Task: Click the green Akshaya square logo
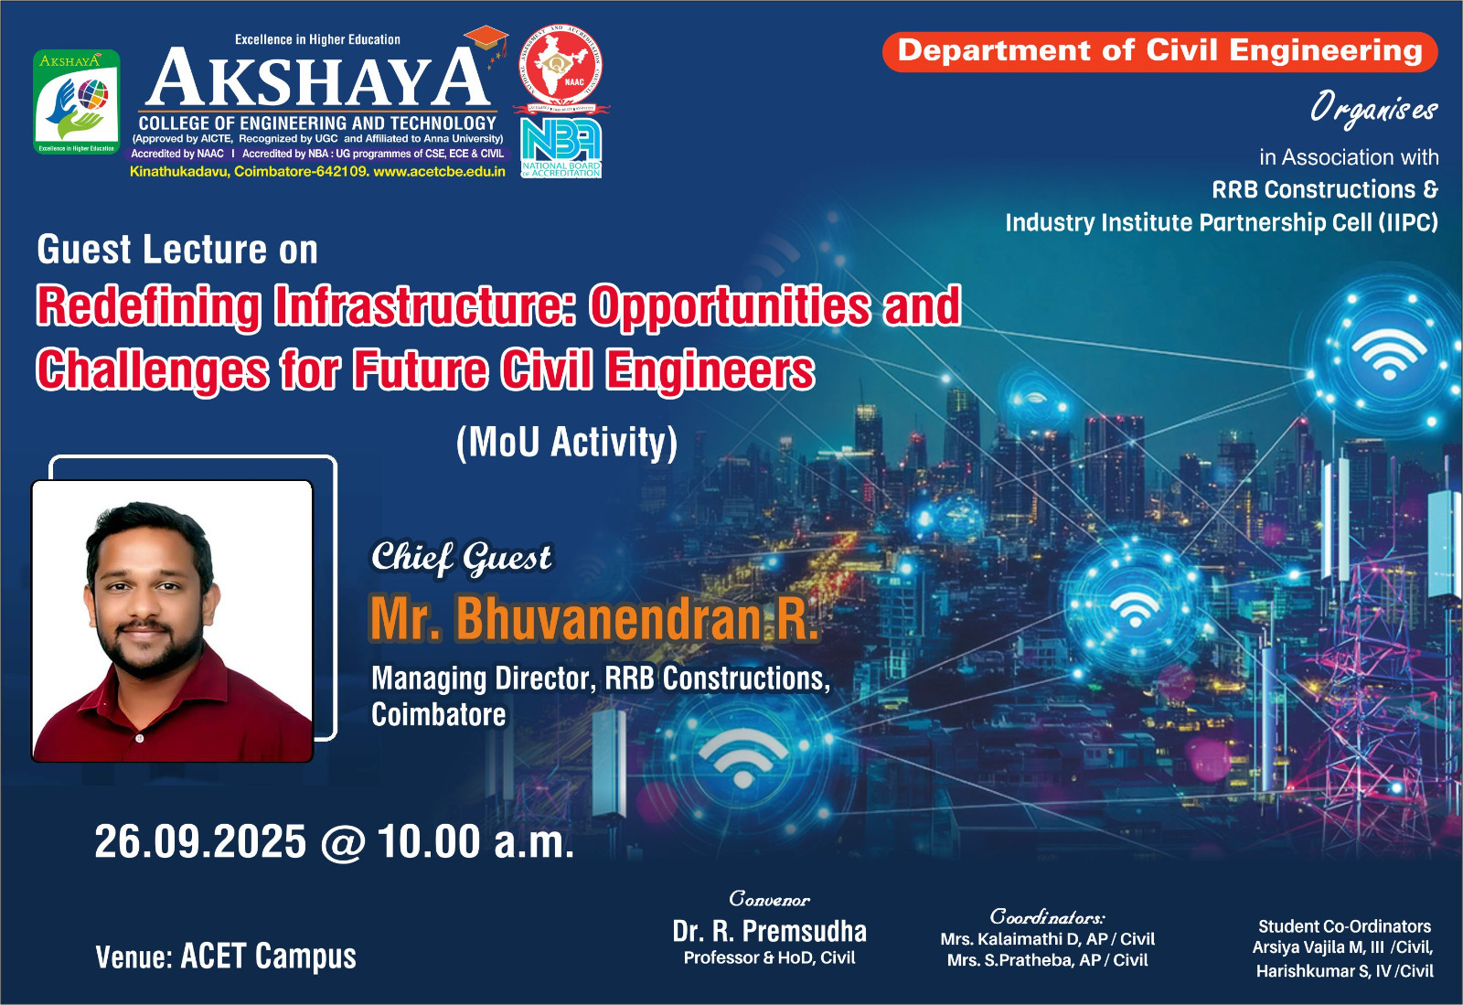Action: point(77,102)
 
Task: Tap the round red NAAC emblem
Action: point(561,66)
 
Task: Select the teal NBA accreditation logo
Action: point(561,147)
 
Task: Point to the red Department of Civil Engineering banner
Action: point(1159,51)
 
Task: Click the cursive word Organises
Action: point(1373,109)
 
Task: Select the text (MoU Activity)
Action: point(567,443)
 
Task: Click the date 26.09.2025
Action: point(200,841)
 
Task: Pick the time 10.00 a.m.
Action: point(475,841)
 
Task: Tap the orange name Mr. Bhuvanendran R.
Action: point(593,618)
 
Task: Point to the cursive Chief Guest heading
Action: point(461,559)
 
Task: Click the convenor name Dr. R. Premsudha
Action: point(769,931)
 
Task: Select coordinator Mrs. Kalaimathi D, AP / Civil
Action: point(1048,939)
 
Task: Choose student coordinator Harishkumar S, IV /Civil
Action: point(1345,971)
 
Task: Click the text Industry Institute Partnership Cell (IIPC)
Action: point(1222,223)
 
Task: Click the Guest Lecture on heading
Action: point(177,250)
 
